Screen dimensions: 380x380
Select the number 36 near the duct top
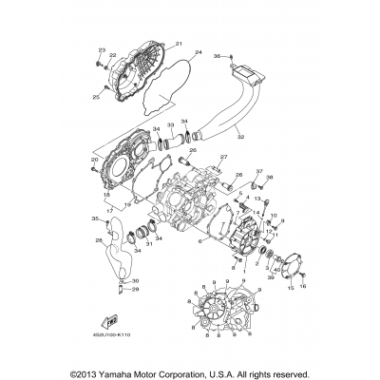click(x=217, y=57)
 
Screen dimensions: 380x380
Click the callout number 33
click(x=170, y=124)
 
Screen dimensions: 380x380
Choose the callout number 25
click(x=95, y=97)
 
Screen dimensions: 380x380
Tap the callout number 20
click(x=94, y=161)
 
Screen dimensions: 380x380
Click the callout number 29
click(x=134, y=291)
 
